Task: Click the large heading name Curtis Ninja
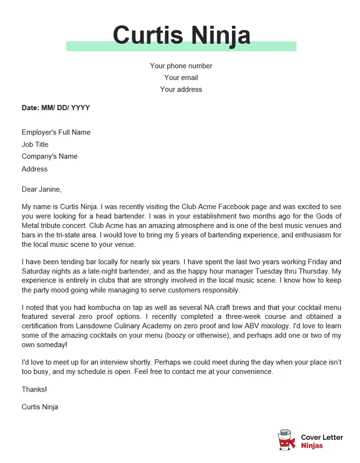click(181, 35)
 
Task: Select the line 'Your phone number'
click(181, 66)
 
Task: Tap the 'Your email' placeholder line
click(181, 78)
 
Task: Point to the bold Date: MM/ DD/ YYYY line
click(56, 108)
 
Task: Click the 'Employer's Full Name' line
click(56, 132)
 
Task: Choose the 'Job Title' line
click(35, 145)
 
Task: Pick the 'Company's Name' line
click(50, 157)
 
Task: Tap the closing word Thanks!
click(34, 389)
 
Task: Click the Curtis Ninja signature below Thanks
click(40, 407)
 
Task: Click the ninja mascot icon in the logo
click(287, 440)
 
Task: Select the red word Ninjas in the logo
click(312, 446)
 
